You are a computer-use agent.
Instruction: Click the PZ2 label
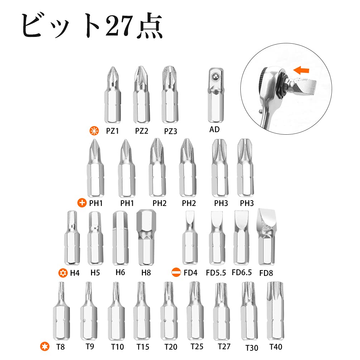click(141, 131)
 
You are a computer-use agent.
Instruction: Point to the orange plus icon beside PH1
click(82, 203)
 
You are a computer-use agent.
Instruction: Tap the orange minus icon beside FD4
click(176, 272)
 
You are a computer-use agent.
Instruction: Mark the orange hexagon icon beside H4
click(63, 273)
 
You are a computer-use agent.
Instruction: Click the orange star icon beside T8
click(44, 346)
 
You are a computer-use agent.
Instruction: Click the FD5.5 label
click(216, 273)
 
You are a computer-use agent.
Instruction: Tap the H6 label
click(120, 272)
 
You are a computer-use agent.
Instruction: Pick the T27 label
click(224, 346)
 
